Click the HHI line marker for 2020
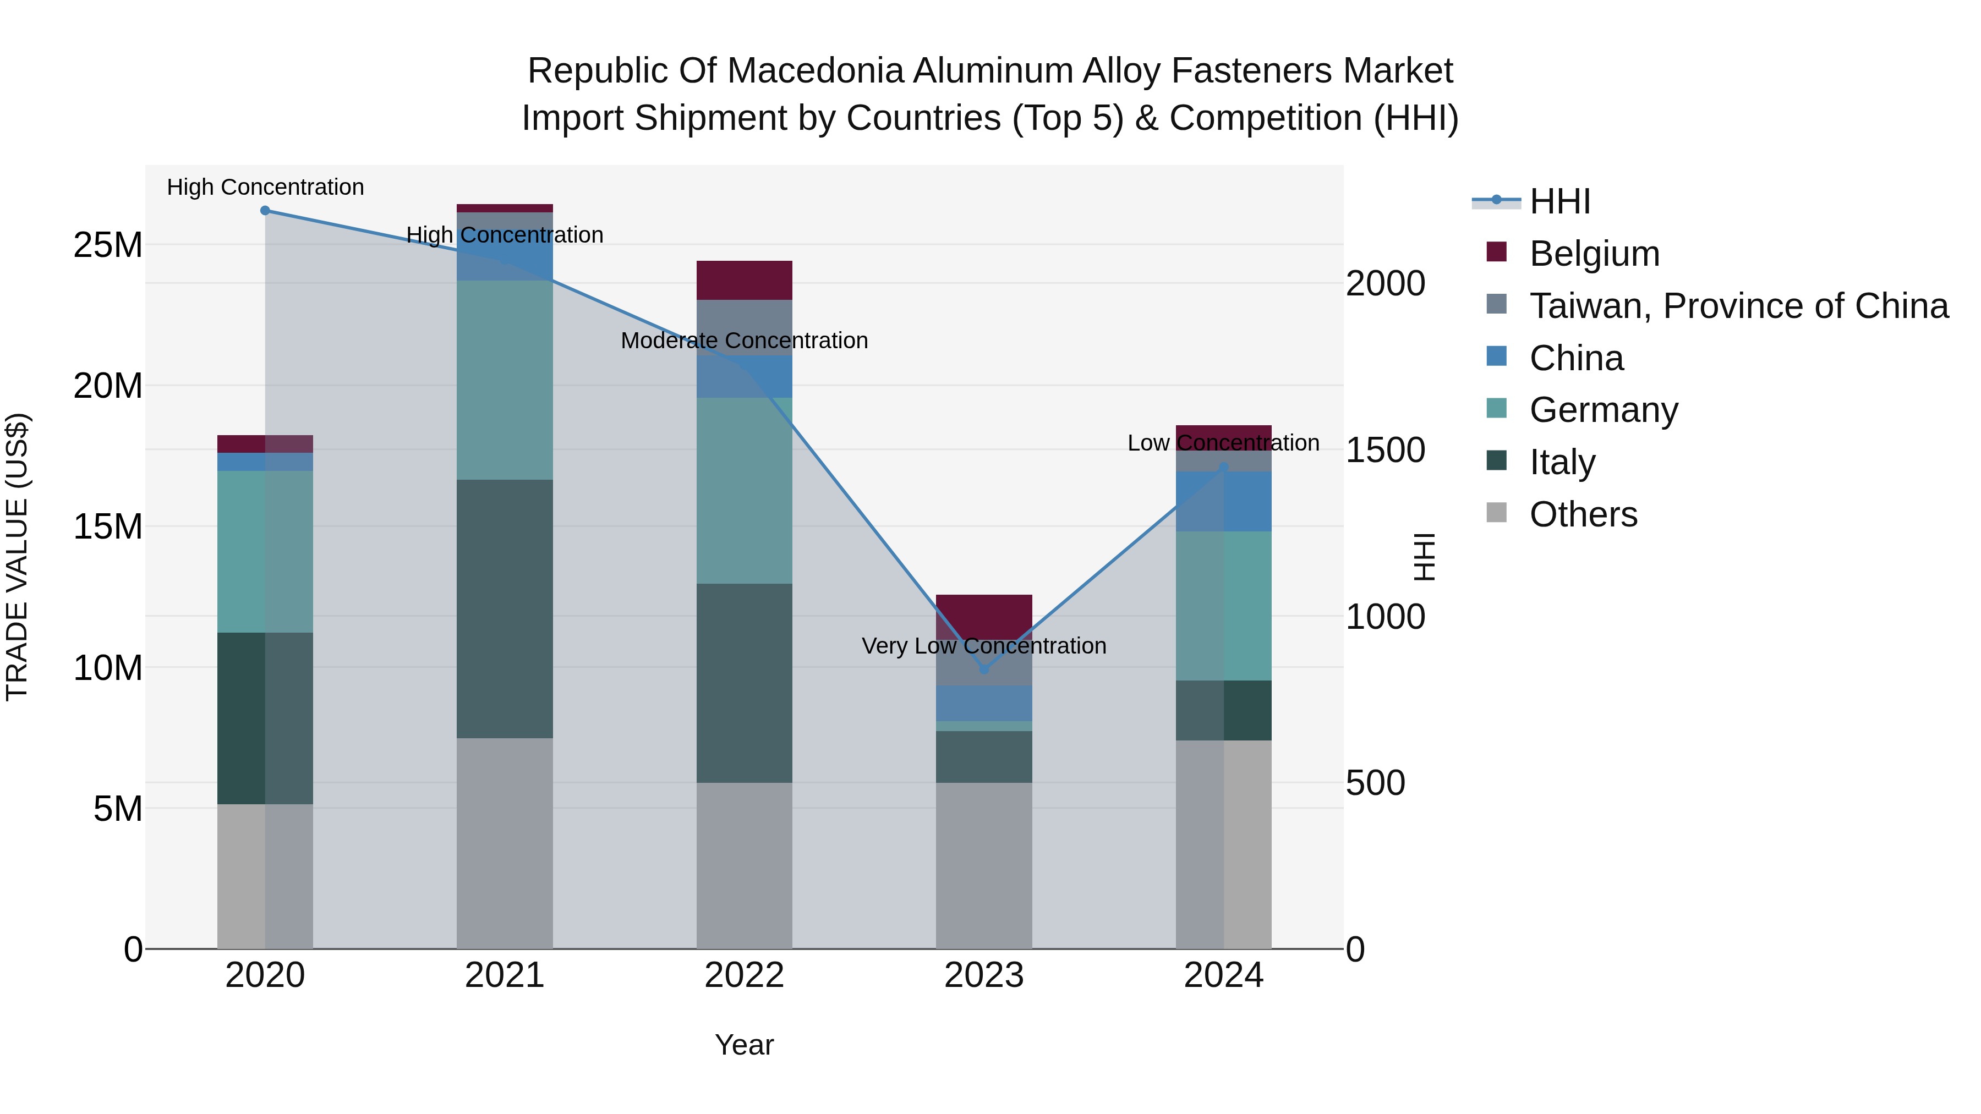point(265,211)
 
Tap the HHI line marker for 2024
point(1223,467)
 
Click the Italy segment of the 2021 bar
point(505,609)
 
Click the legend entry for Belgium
point(1594,254)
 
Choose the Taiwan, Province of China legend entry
point(1738,306)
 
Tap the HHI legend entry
point(1559,201)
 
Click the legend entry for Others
point(1583,514)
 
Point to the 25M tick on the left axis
point(108,245)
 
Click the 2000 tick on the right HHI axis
point(1385,284)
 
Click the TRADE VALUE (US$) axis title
point(17,557)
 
